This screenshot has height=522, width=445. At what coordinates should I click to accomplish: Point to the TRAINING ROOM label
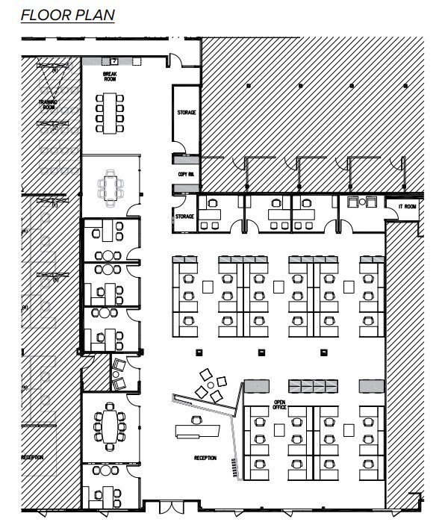tap(49, 104)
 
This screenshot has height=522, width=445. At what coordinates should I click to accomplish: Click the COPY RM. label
tap(186, 173)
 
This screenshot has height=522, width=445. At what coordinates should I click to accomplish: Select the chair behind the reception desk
tap(196, 420)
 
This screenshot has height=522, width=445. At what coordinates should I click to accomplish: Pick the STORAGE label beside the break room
tap(186, 113)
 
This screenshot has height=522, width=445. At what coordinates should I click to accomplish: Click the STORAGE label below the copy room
tap(184, 217)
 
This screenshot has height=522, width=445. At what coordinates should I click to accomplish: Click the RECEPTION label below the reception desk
tap(205, 458)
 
